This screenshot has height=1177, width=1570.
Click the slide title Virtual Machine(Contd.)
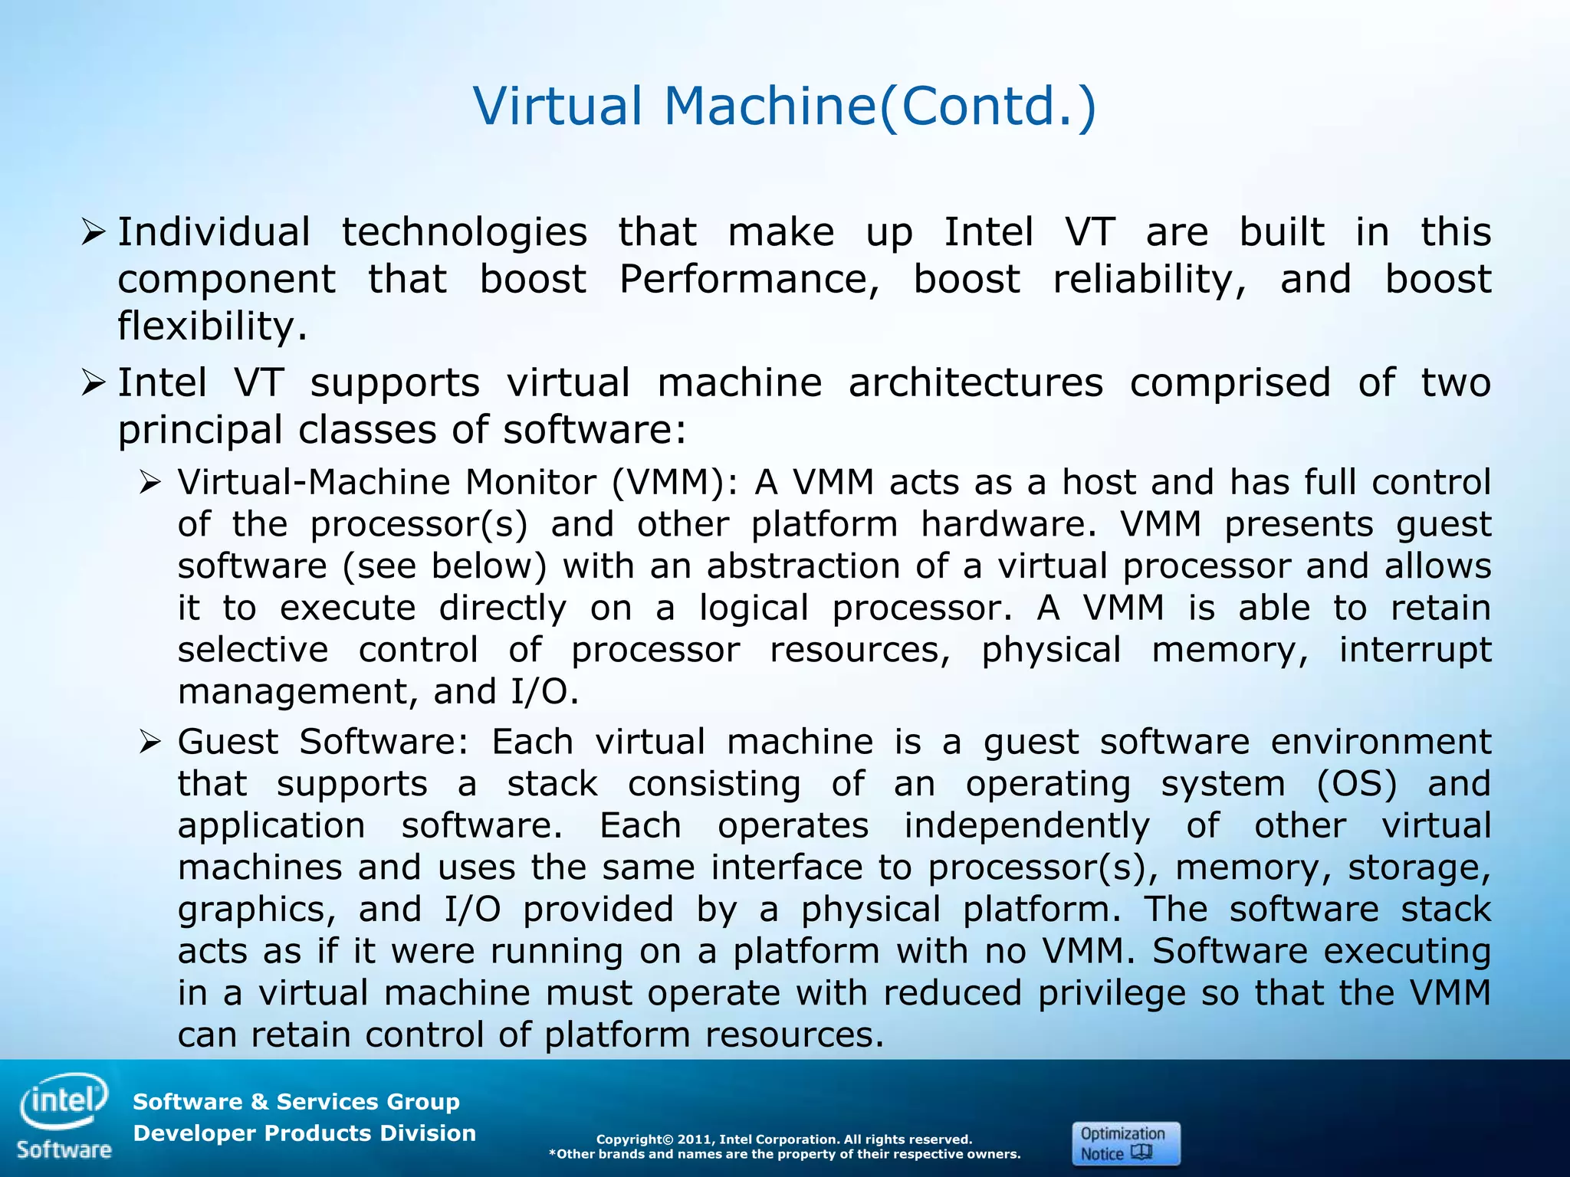[785, 106]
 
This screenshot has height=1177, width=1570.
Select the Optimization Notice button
[1125, 1143]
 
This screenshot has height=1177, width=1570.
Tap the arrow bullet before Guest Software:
[149, 742]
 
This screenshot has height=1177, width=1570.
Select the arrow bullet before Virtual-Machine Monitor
[149, 483]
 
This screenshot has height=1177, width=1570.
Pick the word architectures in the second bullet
[975, 382]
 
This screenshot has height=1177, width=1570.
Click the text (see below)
[445, 566]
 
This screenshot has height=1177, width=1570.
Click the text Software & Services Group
[296, 1102]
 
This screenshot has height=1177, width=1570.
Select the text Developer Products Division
[304, 1133]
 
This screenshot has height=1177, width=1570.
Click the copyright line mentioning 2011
[784, 1139]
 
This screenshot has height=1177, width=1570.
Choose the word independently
[1027, 826]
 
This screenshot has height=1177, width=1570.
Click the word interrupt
[1414, 650]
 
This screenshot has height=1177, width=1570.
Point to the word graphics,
[257, 910]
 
